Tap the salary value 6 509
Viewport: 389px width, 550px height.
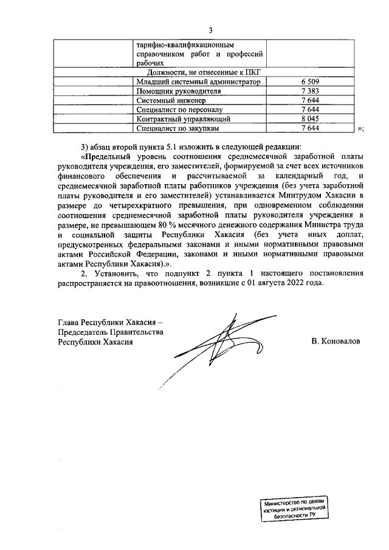tap(310, 81)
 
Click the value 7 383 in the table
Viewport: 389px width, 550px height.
tap(310, 91)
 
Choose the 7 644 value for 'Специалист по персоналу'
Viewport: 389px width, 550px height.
tap(310, 109)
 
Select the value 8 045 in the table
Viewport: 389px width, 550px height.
tap(310, 119)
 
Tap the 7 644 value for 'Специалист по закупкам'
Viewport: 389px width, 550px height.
tap(310, 128)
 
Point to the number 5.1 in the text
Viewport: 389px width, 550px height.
tap(173, 146)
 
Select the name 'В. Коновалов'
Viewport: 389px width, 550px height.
tap(336, 342)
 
